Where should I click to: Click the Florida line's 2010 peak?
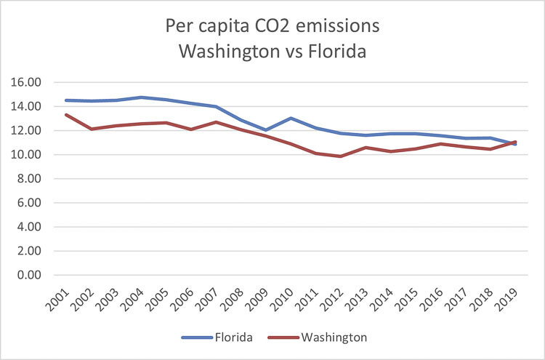(x=291, y=118)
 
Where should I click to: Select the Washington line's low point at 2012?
(x=341, y=156)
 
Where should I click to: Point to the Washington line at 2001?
(x=66, y=115)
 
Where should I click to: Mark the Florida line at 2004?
(x=140, y=97)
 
